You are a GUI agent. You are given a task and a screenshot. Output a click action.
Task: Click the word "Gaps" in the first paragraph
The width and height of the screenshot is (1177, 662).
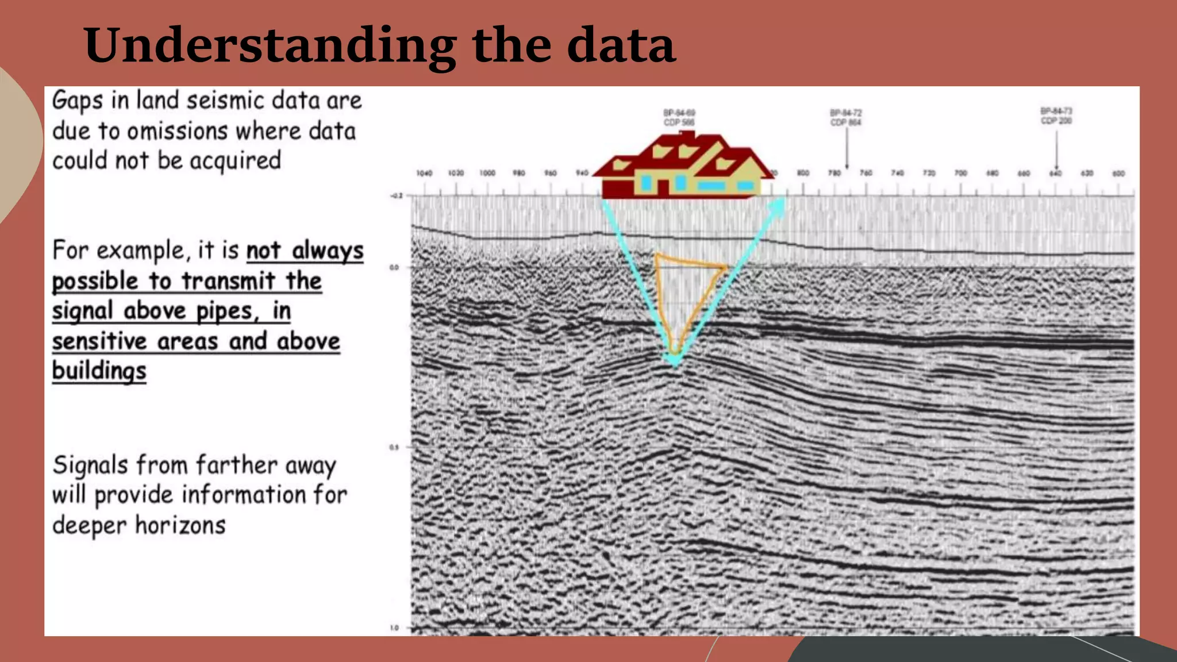[x=78, y=101]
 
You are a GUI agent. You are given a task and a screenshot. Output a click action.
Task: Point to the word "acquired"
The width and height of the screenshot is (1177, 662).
[x=236, y=161]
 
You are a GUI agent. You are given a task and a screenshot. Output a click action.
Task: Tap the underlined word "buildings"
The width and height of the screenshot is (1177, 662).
[x=99, y=371]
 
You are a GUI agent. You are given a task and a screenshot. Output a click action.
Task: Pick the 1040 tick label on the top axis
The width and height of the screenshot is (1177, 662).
[x=424, y=173]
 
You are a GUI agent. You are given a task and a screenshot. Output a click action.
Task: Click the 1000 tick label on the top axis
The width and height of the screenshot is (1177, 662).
[x=487, y=173]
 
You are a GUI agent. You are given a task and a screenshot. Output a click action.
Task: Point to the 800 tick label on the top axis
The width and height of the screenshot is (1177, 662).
[x=803, y=173]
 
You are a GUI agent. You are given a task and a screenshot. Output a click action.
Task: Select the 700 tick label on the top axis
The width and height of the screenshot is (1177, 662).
[x=960, y=173]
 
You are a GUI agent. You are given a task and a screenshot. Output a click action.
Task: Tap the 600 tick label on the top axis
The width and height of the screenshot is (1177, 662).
[x=1118, y=173]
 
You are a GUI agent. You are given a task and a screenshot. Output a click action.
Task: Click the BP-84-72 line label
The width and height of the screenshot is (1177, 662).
[x=846, y=113]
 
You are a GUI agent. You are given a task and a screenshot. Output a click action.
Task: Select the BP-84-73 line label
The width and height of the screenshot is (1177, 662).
[x=1056, y=111]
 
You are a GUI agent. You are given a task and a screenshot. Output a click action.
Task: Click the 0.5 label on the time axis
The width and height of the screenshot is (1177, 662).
[x=394, y=447]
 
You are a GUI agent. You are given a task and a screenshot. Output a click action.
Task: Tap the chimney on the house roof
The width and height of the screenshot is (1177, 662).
[x=687, y=136]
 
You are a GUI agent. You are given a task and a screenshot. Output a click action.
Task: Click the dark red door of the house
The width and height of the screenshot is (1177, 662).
[x=663, y=188]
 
